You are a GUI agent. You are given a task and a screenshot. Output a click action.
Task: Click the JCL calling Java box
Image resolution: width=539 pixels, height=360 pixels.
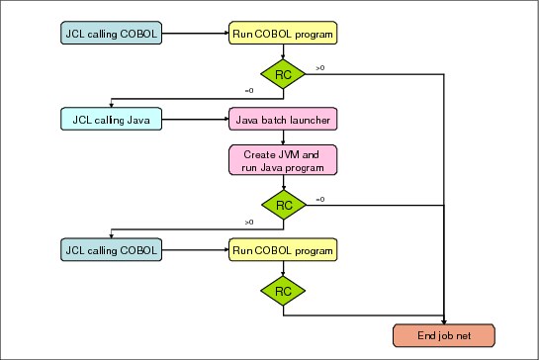point(111,119)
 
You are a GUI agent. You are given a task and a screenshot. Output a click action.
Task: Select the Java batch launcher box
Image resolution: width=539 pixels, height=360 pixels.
point(283,119)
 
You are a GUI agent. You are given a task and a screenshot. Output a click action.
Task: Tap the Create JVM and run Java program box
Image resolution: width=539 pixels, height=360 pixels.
point(283,160)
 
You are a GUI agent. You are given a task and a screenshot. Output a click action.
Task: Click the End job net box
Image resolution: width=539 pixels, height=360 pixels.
point(444,335)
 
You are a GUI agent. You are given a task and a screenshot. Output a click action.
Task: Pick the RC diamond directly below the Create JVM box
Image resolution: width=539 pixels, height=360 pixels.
point(284,205)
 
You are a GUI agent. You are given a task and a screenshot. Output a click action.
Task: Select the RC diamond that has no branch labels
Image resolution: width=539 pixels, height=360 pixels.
point(283,291)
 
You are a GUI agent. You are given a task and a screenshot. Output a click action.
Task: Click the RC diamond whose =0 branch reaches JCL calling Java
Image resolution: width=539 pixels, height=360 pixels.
point(283,74)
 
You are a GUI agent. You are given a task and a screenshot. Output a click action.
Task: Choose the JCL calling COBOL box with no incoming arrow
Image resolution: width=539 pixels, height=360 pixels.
point(111,33)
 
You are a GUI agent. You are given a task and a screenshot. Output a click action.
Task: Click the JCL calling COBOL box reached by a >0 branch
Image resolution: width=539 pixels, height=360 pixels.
point(111,249)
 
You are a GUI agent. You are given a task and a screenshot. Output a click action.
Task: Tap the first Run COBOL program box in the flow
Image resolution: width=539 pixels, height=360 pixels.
point(283,33)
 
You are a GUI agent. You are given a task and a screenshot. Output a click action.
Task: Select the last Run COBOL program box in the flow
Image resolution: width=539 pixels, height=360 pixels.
point(283,249)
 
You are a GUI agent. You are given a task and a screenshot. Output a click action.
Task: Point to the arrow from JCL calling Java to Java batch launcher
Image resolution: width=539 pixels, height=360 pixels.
point(195,120)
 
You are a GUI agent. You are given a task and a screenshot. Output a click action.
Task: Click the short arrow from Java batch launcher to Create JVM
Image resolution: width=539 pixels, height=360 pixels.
point(283,137)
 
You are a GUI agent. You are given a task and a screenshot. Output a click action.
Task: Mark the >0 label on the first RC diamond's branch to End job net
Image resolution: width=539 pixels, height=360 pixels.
point(320,68)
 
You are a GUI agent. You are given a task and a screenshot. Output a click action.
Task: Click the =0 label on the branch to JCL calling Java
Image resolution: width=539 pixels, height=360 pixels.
point(249,91)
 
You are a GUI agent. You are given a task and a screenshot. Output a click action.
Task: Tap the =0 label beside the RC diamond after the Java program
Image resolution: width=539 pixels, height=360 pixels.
point(320,200)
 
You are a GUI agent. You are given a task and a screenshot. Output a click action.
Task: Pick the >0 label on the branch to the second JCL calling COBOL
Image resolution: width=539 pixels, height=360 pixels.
point(249,223)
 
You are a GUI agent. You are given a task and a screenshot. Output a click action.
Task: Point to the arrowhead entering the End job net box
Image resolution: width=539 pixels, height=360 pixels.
point(444,321)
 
